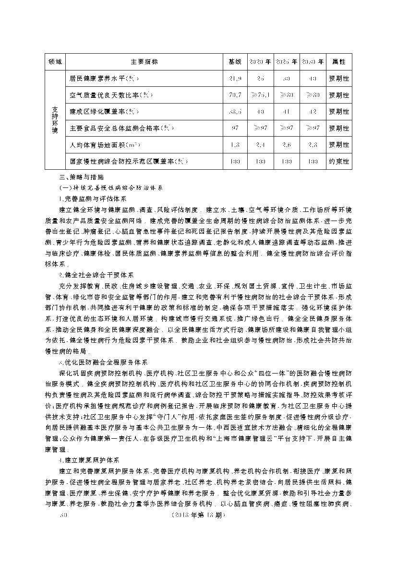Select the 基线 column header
(x=235, y=62)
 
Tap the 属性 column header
(x=339, y=62)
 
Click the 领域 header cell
(x=55, y=62)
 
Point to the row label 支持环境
(x=55, y=120)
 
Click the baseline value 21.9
(x=235, y=79)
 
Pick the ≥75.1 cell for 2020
(x=260, y=95)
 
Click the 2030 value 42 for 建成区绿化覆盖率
(x=313, y=112)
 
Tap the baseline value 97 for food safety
(x=235, y=129)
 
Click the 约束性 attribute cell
(x=339, y=162)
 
